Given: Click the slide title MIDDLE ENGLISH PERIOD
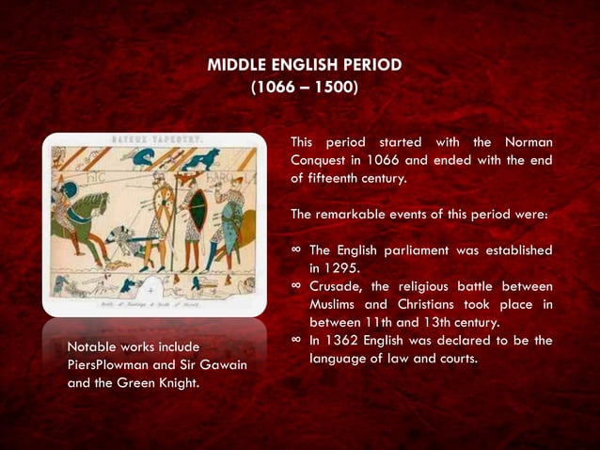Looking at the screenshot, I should coord(304,65).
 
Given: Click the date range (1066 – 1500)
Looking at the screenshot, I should coord(304,88).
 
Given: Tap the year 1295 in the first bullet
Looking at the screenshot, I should coord(329,267).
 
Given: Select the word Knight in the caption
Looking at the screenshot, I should coord(174,383).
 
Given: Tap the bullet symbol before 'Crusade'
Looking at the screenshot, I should coord(296,285).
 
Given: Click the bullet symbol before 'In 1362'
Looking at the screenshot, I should coord(296,340).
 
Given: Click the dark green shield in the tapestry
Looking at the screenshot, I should coord(196,209).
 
